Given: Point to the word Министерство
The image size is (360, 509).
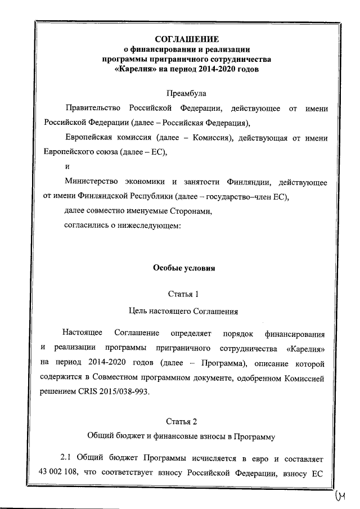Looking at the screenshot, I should (92, 182).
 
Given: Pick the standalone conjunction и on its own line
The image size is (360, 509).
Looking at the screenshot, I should (67, 166).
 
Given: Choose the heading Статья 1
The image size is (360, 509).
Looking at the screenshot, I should (183, 294).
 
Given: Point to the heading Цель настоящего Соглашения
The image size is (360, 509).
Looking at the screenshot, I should (183, 310).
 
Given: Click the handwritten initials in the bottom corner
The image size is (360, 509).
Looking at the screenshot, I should (341, 496).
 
